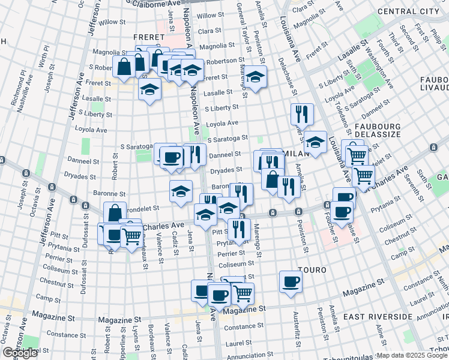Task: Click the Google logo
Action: (x=20, y=353)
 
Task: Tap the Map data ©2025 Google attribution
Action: (x=411, y=355)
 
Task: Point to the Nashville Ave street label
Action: (x=27, y=91)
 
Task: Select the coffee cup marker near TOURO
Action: (x=291, y=282)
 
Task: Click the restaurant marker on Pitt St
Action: (x=239, y=229)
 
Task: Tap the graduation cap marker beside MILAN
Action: (x=315, y=142)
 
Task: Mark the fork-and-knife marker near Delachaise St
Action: (x=302, y=114)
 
